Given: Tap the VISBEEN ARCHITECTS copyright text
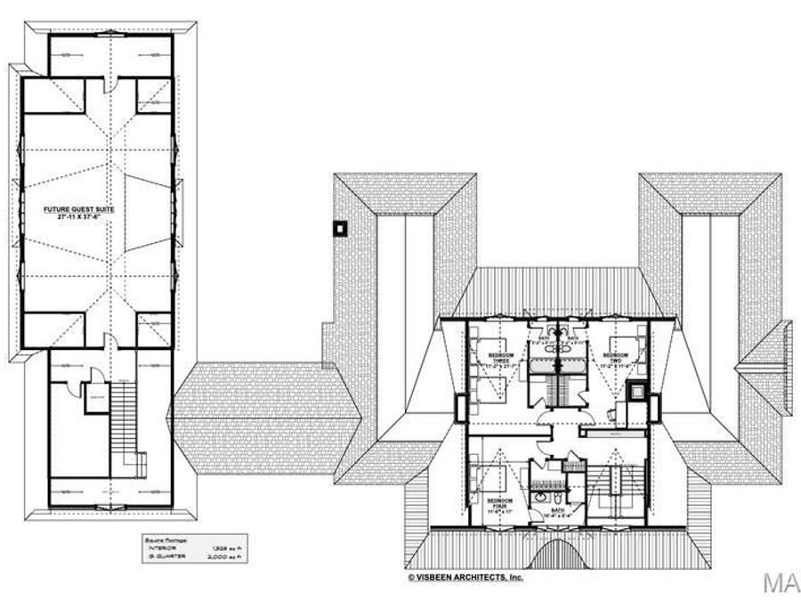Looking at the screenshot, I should tap(465, 577).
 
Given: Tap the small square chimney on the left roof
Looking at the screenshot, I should tap(339, 228).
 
